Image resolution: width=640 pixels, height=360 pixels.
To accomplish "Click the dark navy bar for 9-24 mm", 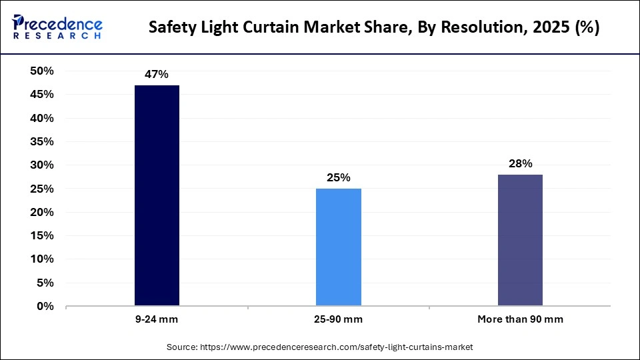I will point(157,196).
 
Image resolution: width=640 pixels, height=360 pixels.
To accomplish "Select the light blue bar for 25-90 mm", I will point(339,247).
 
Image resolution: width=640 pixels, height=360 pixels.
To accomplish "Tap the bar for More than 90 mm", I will point(520,241).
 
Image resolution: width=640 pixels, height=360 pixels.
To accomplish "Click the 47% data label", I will point(157,75).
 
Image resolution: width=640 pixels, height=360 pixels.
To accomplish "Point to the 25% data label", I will point(339,178).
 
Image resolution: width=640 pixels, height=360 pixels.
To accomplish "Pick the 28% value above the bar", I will point(520,164).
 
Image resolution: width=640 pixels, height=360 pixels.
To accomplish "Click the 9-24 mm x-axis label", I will point(157,319).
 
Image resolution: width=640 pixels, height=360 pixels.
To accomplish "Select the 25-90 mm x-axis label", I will point(339,319).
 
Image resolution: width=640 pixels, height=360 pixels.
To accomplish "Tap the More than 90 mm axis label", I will point(520,319).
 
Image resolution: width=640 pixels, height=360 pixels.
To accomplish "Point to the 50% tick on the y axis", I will point(42,71).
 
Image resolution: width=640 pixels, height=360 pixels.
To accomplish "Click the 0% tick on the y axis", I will point(45,307).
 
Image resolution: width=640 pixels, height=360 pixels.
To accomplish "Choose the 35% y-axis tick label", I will point(42,142).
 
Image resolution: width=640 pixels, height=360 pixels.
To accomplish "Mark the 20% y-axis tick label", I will point(42,213).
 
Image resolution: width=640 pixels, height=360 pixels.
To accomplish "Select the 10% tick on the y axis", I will point(42,259).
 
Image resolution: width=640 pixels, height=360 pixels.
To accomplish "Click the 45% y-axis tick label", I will point(42,95).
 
